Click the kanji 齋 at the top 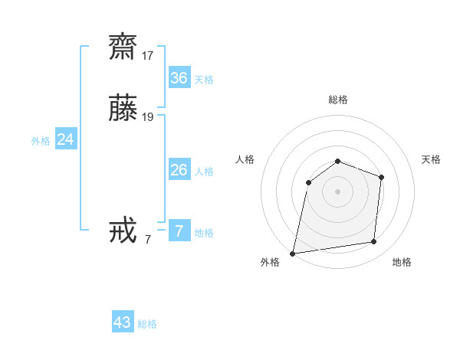(123, 48)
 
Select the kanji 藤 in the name (123, 109)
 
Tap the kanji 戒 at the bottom (123, 231)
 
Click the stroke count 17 (148, 56)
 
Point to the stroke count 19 (148, 117)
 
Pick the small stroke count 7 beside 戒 (148, 240)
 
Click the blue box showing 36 (179, 78)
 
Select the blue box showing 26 (179, 170)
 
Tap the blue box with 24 (66, 139)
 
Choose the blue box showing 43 (123, 322)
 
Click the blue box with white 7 (179, 231)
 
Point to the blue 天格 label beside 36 (204, 80)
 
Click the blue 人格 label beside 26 (204, 172)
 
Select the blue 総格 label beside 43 (147, 324)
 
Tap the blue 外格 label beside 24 (41, 141)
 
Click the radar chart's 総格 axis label (338, 100)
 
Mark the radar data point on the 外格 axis (293, 253)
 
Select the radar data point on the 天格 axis (381, 177)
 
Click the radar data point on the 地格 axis (373, 241)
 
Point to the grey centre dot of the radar (338, 191)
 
